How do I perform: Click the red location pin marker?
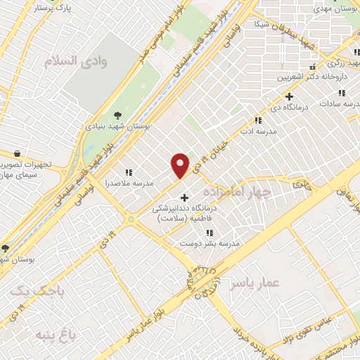(181, 165)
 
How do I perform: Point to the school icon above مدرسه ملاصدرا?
(128, 172)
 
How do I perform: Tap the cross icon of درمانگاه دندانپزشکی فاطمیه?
(184, 197)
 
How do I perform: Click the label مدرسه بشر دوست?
(210, 243)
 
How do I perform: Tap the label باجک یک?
(39, 290)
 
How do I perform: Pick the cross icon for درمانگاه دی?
(289, 96)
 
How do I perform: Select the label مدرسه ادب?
(259, 131)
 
